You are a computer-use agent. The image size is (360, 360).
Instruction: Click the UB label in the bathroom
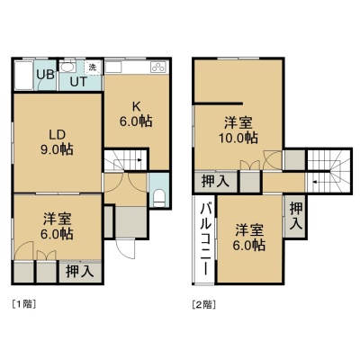[x=46, y=75]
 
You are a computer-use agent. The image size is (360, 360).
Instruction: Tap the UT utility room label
[x=78, y=82]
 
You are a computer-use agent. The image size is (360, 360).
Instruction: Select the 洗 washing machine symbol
[x=93, y=67]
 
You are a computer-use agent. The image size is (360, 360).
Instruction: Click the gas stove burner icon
[x=159, y=67]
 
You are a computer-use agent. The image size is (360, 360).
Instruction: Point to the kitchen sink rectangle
[x=113, y=67]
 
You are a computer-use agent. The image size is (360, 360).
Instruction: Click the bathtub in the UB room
[x=23, y=76]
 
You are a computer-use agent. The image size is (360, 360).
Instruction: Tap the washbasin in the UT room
[x=67, y=67]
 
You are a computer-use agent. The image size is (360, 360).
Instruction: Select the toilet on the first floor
[x=159, y=198]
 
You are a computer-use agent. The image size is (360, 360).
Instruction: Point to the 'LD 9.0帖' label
[x=57, y=142]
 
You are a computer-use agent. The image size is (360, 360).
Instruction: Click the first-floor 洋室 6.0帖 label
[x=57, y=227]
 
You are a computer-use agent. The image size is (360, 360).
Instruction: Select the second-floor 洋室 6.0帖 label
[x=249, y=238]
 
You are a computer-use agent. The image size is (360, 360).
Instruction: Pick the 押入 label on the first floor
[x=80, y=271]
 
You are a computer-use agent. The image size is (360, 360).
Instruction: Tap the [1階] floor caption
[x=24, y=304]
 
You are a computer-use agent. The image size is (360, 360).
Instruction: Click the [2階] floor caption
[x=204, y=305]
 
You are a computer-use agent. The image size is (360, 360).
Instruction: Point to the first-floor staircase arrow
[x=139, y=160]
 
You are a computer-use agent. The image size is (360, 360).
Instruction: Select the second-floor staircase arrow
[x=314, y=182]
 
